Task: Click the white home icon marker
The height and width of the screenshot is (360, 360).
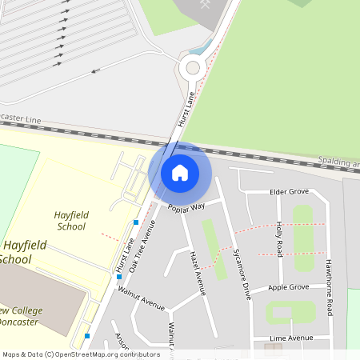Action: pyautogui.click(x=180, y=172)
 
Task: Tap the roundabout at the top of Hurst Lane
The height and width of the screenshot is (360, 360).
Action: pyautogui.click(x=192, y=69)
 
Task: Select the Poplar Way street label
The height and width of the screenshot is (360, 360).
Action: pyautogui.click(x=186, y=207)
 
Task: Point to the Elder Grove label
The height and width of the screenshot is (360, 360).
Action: pyautogui.click(x=289, y=192)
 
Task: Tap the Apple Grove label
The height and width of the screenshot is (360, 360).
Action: pyautogui.click(x=288, y=287)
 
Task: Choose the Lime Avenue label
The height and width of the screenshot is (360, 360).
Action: pyautogui.click(x=291, y=338)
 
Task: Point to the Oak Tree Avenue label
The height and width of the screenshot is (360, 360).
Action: pyautogui.click(x=142, y=246)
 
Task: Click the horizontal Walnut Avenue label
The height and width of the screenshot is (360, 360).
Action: pyautogui.click(x=141, y=301)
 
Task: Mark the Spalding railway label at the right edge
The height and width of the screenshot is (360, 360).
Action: pyautogui.click(x=338, y=162)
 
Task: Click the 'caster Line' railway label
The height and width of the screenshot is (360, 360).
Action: pyautogui.click(x=21, y=118)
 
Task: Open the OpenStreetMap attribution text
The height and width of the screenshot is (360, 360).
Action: pyautogui.click(x=79, y=354)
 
